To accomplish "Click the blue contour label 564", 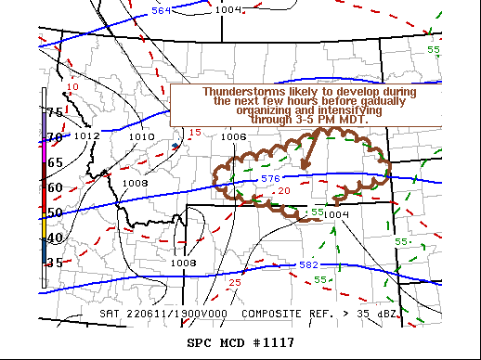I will (x=162, y=11).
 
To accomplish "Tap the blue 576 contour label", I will (x=270, y=178).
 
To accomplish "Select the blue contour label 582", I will (x=309, y=265).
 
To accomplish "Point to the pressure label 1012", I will (x=87, y=136).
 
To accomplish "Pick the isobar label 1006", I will (x=234, y=136).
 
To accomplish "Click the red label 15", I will (x=195, y=133).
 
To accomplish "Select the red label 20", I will (x=284, y=190).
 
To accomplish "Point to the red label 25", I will (x=235, y=282).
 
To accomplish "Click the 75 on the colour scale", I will (x=55, y=112).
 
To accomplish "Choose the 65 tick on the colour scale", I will (x=55, y=162).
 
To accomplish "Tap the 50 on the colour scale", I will (x=55, y=212).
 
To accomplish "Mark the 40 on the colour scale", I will (x=55, y=238).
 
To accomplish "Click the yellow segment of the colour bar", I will (x=43, y=225).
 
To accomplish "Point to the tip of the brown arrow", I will (x=303, y=168).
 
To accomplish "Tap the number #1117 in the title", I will (x=271, y=342).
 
